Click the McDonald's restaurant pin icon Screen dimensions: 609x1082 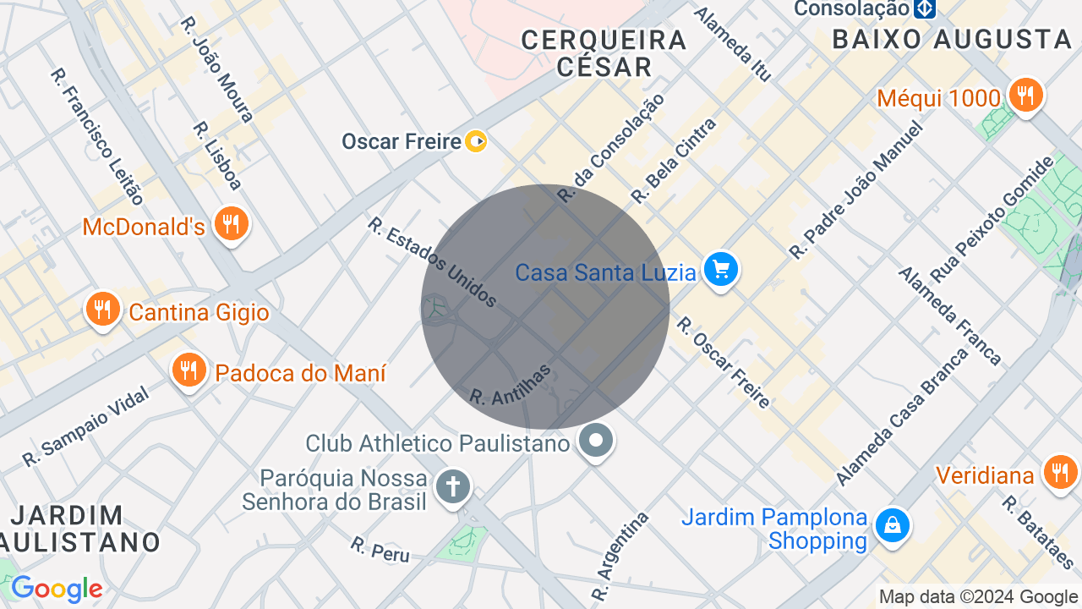(x=229, y=224)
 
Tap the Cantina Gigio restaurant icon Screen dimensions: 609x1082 (x=102, y=310)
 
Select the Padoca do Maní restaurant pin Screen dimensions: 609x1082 (x=189, y=370)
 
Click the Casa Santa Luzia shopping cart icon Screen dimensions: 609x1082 (x=721, y=271)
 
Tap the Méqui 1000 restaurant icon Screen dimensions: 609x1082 (x=1025, y=96)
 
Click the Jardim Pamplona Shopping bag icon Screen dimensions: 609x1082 (x=892, y=526)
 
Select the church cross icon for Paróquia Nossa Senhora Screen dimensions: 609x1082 (x=453, y=487)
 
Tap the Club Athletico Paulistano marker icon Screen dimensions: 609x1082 (x=597, y=440)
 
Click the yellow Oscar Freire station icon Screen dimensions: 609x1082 (x=476, y=141)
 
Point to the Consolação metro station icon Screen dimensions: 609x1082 (x=924, y=8)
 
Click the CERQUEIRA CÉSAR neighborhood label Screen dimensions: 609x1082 (x=604, y=52)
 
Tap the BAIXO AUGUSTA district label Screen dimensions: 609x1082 (x=953, y=39)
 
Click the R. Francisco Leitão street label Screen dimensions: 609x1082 (x=97, y=135)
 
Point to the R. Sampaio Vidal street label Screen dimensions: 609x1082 (x=85, y=426)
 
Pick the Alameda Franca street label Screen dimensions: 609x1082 (x=949, y=315)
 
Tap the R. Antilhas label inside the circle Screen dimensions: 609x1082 (x=511, y=385)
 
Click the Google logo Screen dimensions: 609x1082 (x=57, y=589)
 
